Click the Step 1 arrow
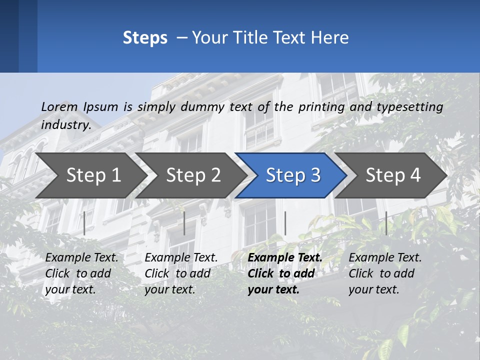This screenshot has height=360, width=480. pyautogui.click(x=93, y=175)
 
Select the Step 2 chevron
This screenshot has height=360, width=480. pyautogui.click(x=193, y=175)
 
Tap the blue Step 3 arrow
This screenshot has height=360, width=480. pyautogui.click(x=293, y=175)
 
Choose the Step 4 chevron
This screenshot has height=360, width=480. pyautogui.click(x=393, y=175)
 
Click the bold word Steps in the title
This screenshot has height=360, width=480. pyautogui.click(x=145, y=38)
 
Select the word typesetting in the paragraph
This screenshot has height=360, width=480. pyautogui.click(x=409, y=106)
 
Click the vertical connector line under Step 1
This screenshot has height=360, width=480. pyautogui.click(x=84, y=223)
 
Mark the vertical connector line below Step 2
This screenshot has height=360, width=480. pyautogui.click(x=184, y=223)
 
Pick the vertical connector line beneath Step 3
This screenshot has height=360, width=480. pyautogui.click(x=285, y=223)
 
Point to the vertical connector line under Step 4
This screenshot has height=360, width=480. pyautogui.click(x=386, y=223)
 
